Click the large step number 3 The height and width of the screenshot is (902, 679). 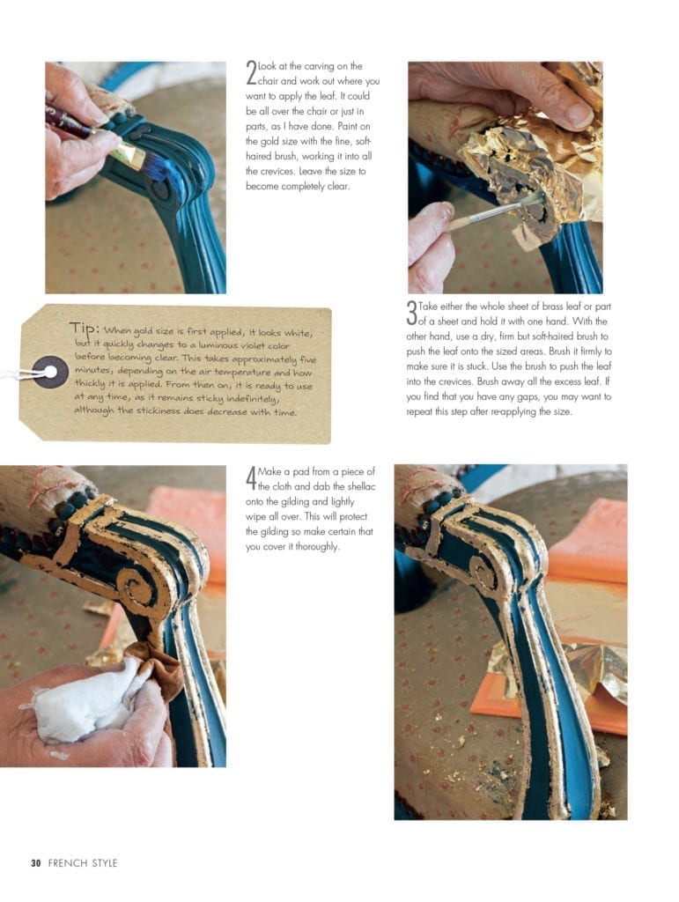tap(411, 313)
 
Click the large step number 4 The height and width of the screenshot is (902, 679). tap(251, 478)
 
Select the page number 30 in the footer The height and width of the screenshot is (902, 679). tap(36, 863)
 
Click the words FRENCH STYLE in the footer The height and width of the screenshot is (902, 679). tap(83, 863)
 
